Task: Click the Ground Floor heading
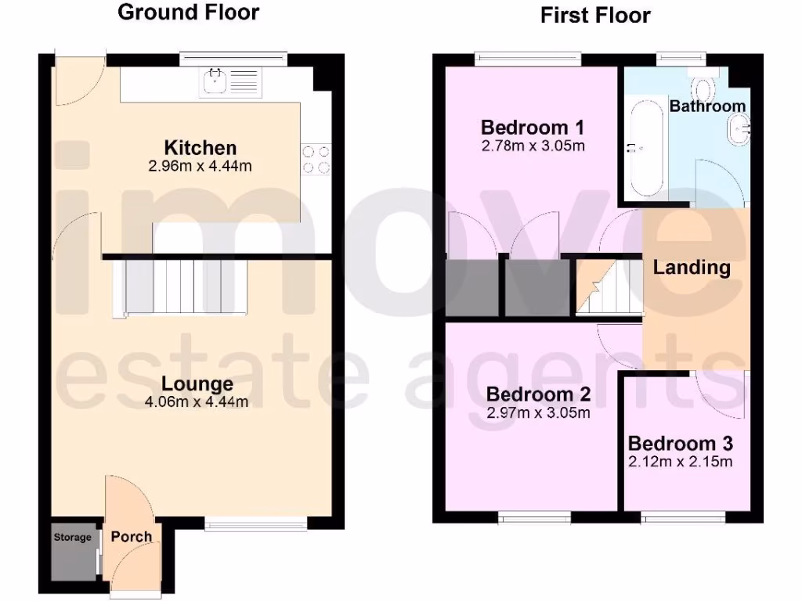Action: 188,13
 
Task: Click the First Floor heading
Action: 595,15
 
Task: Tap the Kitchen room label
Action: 200,147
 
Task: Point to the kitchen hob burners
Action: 316,159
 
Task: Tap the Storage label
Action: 72,538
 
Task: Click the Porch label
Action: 131,537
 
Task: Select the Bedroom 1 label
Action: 533,128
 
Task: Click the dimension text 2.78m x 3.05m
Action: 533,146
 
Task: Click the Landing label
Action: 692,268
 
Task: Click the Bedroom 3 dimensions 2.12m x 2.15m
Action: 681,462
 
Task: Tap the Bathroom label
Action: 707,106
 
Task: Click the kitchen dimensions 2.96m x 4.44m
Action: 200,166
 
